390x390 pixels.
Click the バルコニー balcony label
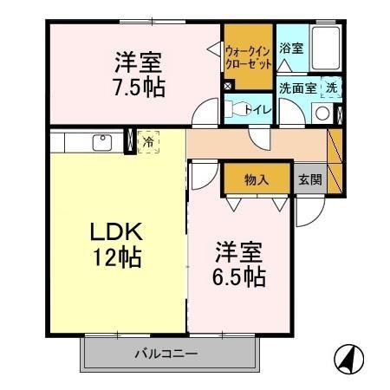click(166, 354)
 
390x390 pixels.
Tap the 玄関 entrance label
click(310, 180)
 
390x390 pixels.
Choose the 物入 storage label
click(256, 180)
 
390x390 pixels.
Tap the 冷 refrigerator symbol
click(148, 140)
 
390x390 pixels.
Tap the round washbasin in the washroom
click(322, 113)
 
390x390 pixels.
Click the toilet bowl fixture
click(235, 109)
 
